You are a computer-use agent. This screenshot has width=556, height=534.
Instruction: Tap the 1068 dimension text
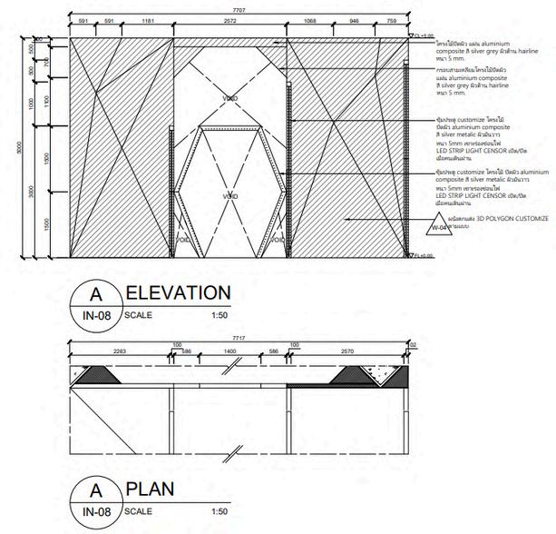click(309, 19)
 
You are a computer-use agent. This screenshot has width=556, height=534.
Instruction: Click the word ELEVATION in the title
click(178, 293)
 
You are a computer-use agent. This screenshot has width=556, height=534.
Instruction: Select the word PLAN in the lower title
click(150, 489)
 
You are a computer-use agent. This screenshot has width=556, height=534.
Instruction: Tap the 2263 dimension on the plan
click(120, 351)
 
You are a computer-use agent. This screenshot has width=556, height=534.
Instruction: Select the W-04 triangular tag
click(438, 228)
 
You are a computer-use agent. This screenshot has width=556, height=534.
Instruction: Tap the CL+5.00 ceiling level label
click(422, 36)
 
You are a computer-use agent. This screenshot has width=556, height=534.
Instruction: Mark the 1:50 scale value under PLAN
click(218, 511)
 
